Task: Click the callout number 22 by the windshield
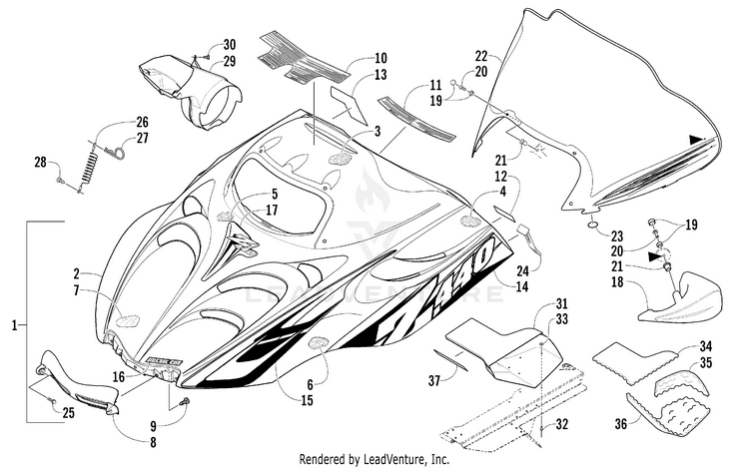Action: (x=481, y=56)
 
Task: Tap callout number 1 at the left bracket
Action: (x=14, y=325)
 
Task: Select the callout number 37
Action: (x=433, y=380)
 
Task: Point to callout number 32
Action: (x=562, y=424)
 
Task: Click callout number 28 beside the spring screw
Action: (x=41, y=163)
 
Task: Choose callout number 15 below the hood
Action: (x=308, y=400)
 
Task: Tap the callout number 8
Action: (x=153, y=443)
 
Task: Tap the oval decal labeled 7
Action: (x=128, y=320)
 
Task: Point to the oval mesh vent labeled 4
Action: (x=470, y=221)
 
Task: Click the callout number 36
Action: (x=620, y=423)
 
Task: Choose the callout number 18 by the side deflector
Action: (x=617, y=281)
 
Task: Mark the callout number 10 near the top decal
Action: (x=380, y=58)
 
